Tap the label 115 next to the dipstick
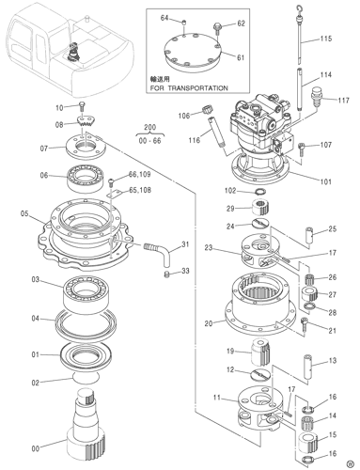326,39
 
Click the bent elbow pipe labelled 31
159,250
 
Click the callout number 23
210,248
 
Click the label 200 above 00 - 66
149,125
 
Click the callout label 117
343,100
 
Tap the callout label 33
185,272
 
